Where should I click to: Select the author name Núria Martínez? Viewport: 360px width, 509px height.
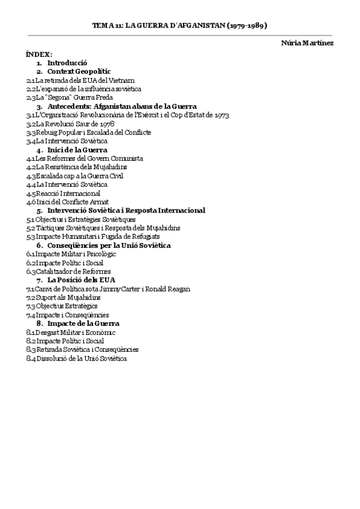click(x=307, y=43)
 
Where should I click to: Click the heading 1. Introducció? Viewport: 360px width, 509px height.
click(x=67, y=62)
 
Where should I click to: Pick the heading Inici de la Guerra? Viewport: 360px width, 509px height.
click(x=77, y=149)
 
